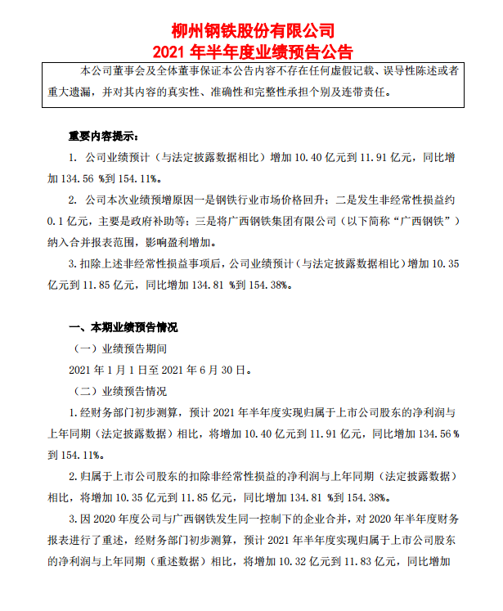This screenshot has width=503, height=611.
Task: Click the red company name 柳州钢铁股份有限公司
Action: pos(252,30)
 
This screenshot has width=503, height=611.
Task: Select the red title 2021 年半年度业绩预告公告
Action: pos(252,51)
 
